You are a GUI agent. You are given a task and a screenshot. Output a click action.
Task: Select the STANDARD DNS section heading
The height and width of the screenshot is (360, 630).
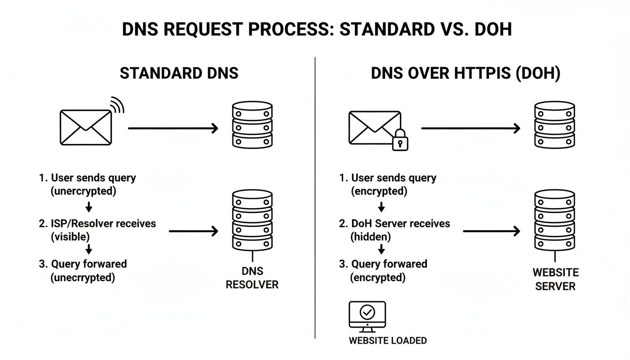[x=179, y=74]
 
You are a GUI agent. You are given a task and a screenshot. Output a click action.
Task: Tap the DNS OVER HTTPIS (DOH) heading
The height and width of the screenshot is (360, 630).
[x=465, y=74]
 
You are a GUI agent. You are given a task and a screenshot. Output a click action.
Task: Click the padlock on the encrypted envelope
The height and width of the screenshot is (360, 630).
[x=400, y=140]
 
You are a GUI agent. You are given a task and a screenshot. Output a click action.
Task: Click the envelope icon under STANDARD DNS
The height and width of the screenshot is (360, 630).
[x=86, y=127]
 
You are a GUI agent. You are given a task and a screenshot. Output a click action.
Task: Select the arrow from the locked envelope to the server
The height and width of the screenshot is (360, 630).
[x=471, y=128]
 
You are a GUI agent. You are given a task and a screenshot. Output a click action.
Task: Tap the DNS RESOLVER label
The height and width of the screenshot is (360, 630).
[x=252, y=277]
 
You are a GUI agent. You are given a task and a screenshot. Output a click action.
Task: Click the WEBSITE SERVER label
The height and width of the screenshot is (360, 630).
[x=555, y=279]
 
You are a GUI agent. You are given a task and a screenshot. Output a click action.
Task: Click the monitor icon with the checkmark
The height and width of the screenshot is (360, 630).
[x=367, y=315]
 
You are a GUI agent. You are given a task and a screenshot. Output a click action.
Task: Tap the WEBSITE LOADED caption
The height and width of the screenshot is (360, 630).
[x=388, y=340]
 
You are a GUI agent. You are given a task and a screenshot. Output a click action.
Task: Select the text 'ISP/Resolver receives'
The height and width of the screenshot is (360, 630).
[x=103, y=224]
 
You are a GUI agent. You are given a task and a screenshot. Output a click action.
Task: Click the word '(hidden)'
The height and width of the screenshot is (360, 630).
[x=370, y=237]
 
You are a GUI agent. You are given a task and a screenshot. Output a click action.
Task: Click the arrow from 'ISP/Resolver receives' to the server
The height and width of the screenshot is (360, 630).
[x=194, y=231]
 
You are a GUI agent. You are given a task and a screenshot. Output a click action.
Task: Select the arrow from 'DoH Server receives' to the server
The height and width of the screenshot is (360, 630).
[x=491, y=231]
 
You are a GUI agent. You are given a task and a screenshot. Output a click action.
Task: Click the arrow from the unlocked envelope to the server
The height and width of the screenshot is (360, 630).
[x=173, y=128]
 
